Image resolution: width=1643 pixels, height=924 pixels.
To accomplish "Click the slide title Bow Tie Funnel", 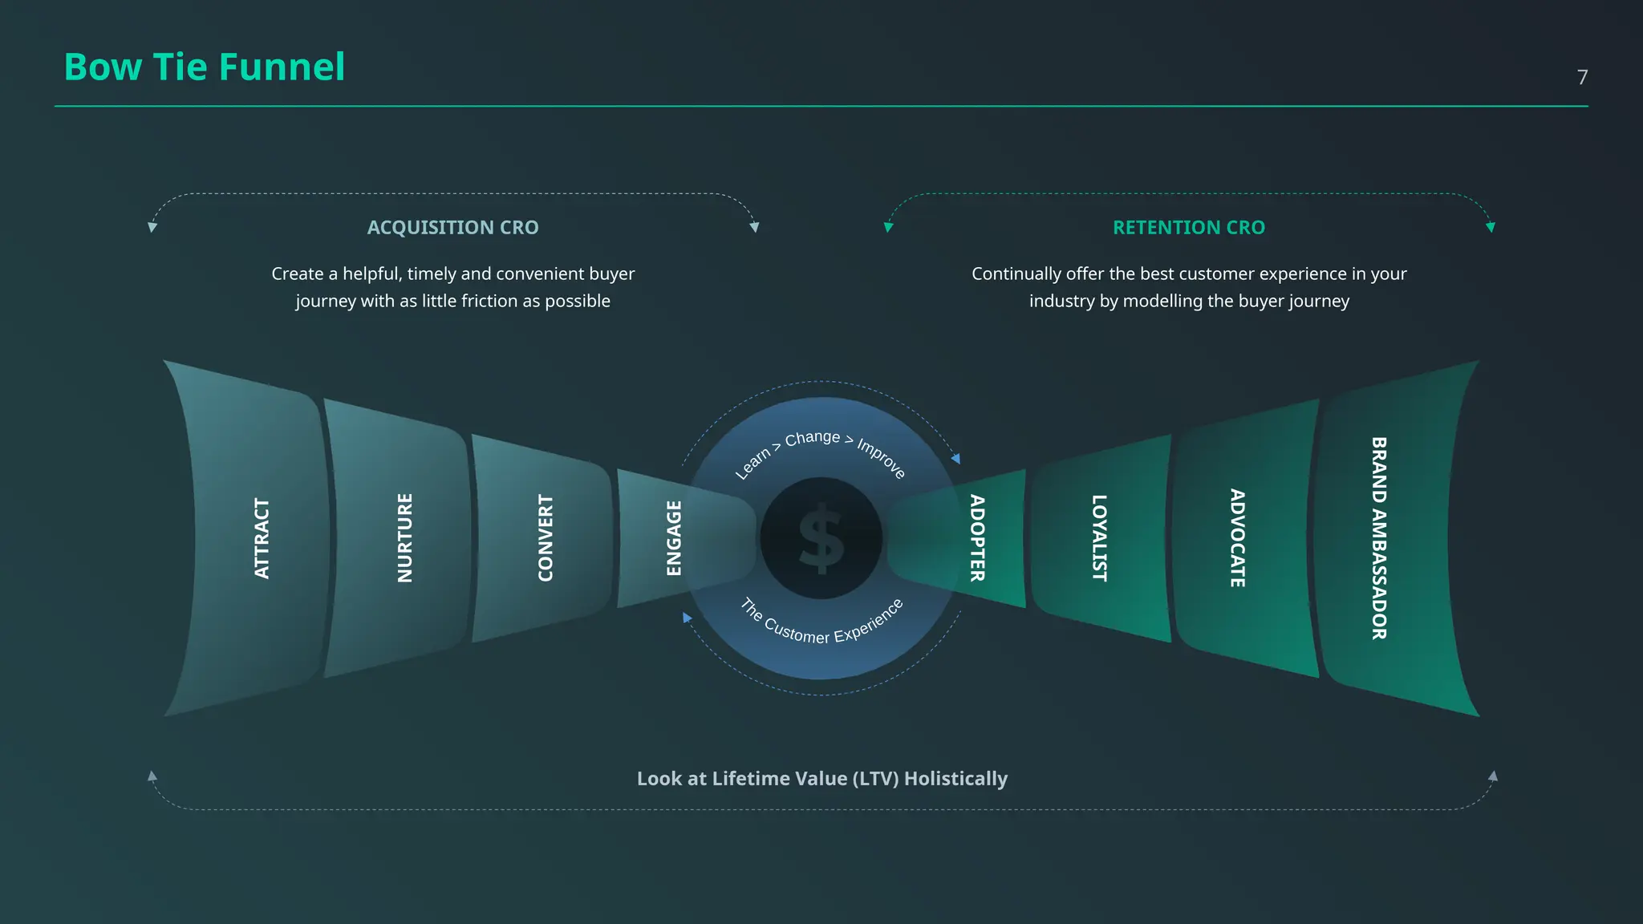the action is (x=205, y=67).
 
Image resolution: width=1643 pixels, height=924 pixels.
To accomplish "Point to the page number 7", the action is (x=1582, y=77).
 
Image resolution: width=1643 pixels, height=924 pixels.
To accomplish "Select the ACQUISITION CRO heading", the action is (x=453, y=228).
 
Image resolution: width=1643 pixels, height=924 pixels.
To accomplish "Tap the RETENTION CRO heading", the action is (x=1189, y=228).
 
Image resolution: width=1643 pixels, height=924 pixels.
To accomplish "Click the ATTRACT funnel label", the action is (x=262, y=538).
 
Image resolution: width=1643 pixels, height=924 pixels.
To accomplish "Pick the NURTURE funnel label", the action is (x=405, y=538).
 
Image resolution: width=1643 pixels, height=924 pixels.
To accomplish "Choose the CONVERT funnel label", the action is (x=546, y=538).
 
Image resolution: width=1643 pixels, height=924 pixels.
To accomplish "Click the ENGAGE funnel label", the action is (x=674, y=538).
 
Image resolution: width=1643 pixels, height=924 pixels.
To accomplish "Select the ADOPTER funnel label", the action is (x=977, y=538).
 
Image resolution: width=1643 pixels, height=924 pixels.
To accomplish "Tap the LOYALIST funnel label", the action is (x=1099, y=538).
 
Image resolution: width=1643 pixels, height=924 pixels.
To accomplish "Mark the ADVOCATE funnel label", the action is (x=1238, y=538).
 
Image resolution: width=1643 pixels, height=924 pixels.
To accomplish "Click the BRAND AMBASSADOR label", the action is (x=1379, y=538).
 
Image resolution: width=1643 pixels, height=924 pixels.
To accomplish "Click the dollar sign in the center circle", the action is (x=821, y=538).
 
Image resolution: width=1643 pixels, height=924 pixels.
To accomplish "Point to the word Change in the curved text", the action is (x=813, y=439).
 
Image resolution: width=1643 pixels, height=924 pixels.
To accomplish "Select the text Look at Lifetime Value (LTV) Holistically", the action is (x=822, y=779).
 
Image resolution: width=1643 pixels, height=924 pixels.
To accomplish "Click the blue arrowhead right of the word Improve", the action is (x=955, y=459).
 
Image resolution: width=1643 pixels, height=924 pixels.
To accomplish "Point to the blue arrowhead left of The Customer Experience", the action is (x=687, y=618).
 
